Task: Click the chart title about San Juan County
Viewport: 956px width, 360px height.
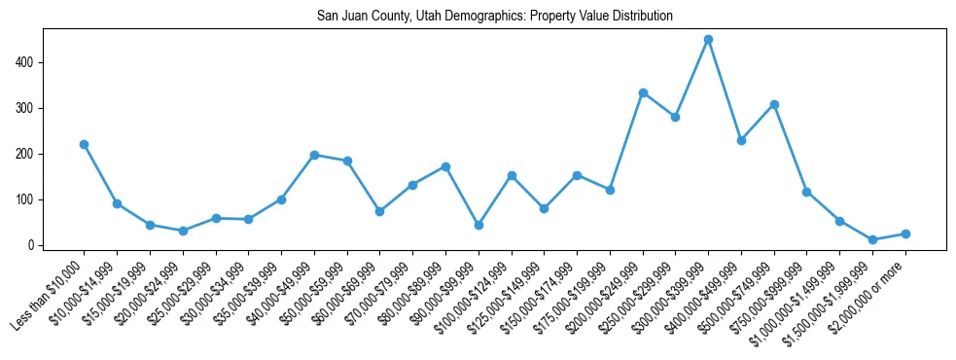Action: click(x=494, y=17)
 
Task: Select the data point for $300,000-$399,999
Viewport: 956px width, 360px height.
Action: click(x=708, y=40)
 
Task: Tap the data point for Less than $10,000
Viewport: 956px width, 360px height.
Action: click(x=84, y=144)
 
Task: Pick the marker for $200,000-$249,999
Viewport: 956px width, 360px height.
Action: click(x=643, y=92)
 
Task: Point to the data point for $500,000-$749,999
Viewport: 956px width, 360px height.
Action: click(x=774, y=104)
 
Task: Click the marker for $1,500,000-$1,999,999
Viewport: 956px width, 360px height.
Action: click(x=872, y=239)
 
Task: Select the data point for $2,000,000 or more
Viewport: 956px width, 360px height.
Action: click(x=905, y=234)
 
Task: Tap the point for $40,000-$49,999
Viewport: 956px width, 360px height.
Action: click(x=314, y=155)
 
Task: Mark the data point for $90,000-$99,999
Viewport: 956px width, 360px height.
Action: click(x=478, y=225)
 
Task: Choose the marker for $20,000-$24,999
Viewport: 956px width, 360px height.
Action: click(x=183, y=231)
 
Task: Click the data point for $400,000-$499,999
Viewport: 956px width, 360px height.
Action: click(x=741, y=140)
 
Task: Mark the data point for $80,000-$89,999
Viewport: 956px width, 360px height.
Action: click(x=445, y=166)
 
